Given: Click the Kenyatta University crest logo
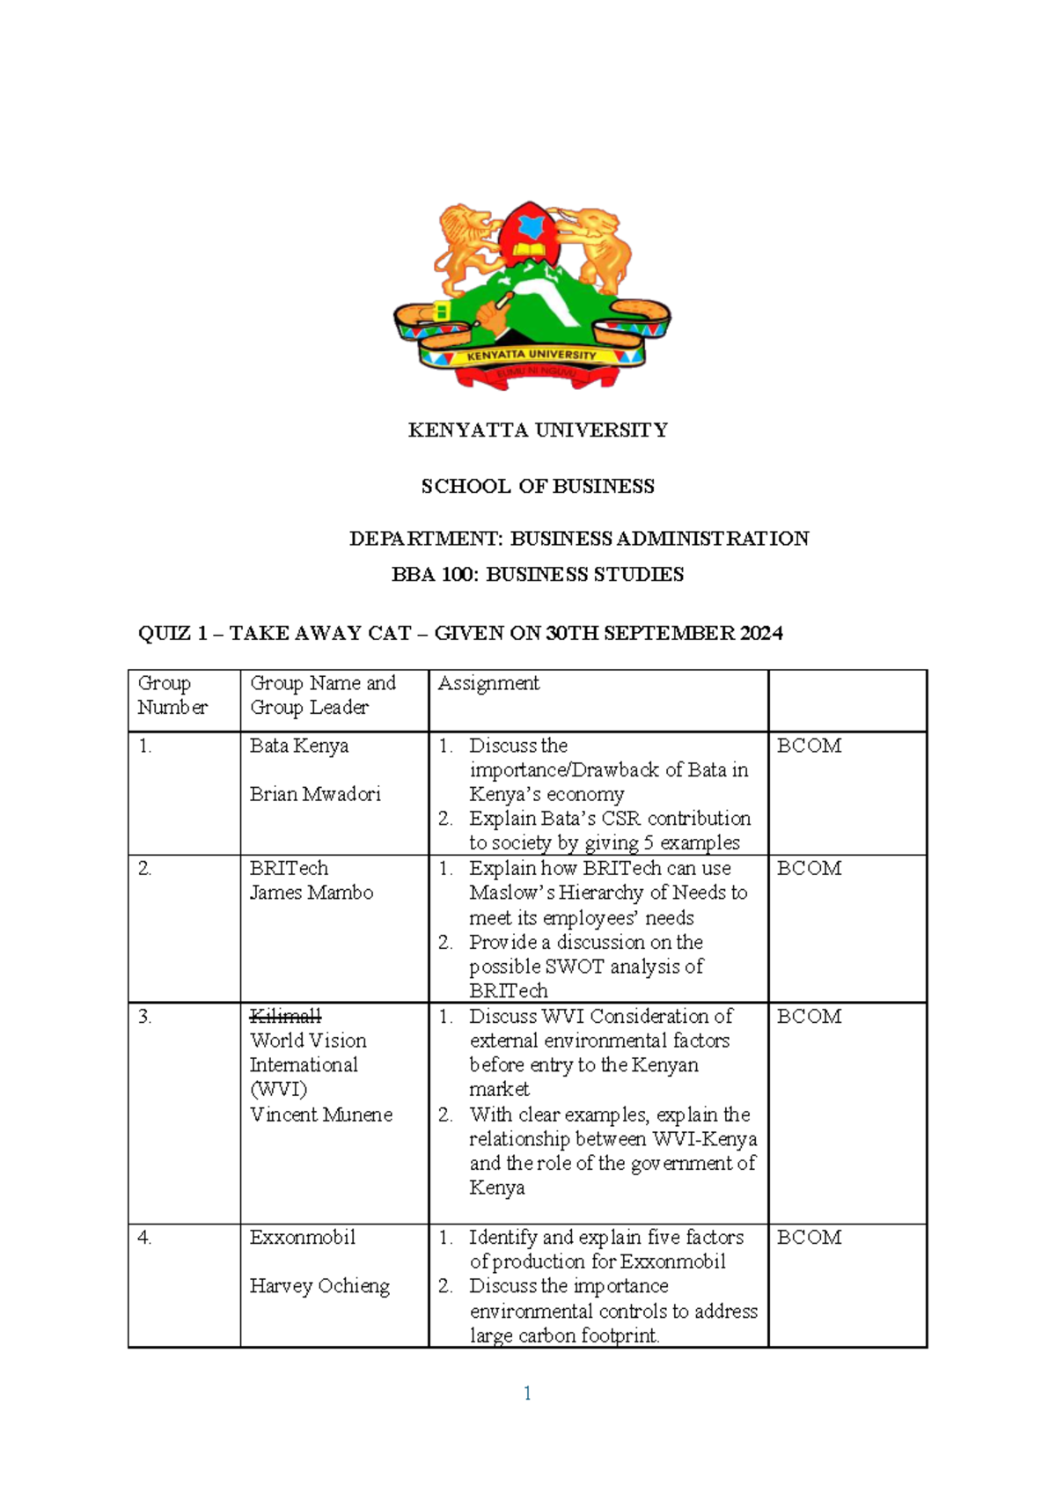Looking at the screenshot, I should coord(532,295).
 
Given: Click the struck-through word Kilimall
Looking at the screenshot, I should coord(285,1016).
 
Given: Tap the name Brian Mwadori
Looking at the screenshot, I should coord(315,794).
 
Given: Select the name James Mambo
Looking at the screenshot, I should coord(312,893).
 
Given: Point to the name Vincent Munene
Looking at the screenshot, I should coord(321,1114).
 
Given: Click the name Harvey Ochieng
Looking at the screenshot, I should coord(319,1286).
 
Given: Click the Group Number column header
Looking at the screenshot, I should coord(172,695).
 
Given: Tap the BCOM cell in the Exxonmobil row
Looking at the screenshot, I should coord(809,1238).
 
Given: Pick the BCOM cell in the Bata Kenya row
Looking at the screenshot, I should coord(809,746).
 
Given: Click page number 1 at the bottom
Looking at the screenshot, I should coord(527,1394).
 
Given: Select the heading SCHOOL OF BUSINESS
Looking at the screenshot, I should coord(538,487).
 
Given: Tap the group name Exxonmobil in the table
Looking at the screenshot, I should coord(303,1238).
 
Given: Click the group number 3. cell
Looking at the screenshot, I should coord(145,1017).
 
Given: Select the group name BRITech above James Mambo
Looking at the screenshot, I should coord(289,868).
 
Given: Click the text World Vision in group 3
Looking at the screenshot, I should coord(308,1041).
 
